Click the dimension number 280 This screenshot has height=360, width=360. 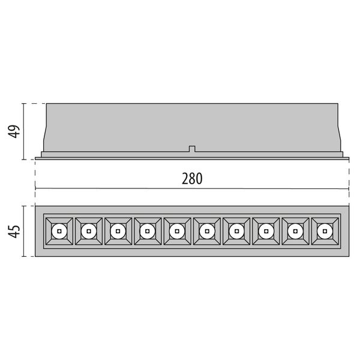pyautogui.click(x=191, y=179)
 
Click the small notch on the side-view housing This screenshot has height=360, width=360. pyautogui.click(x=191, y=148)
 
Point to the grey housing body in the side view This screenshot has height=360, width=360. pyautogui.click(x=192, y=126)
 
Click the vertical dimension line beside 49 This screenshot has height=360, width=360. pyautogui.click(x=25, y=131)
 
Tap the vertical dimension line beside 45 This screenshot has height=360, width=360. pyautogui.click(x=25, y=231)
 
